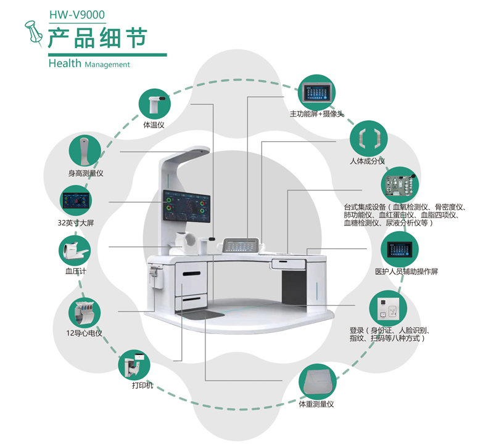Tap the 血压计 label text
(x=74, y=270)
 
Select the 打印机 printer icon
(x=134, y=364)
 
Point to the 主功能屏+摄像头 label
(x=316, y=114)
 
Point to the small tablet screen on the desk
(x=239, y=245)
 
